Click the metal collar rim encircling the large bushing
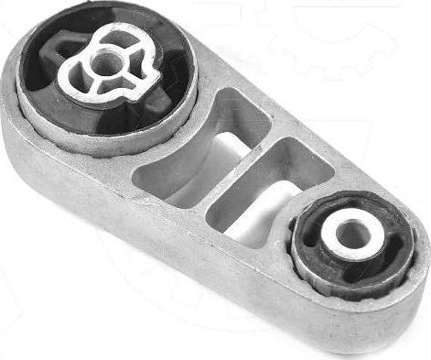[110, 137]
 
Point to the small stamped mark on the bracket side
[142, 197]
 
